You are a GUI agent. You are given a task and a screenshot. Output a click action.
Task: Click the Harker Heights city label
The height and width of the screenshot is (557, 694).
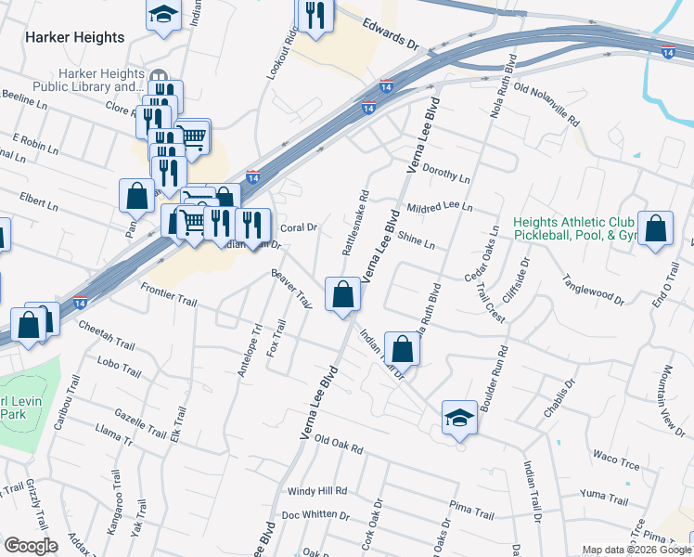coord(75,38)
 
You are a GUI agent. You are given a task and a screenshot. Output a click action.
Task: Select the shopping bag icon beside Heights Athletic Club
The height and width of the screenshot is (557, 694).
coord(655,228)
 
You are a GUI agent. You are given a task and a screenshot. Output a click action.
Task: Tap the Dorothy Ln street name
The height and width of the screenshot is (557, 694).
coord(446,173)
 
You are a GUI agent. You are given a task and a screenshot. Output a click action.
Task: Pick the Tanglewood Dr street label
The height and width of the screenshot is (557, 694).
coord(594,288)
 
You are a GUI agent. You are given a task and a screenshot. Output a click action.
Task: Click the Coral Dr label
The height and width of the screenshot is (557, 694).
coord(299,227)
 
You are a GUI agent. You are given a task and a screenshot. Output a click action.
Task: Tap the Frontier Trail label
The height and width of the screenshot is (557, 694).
coord(170,295)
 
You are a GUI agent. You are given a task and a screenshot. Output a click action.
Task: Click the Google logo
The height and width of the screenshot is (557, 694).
coord(31,546)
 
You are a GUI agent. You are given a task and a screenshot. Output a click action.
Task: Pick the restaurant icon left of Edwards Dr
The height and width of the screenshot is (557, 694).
coord(315,17)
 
